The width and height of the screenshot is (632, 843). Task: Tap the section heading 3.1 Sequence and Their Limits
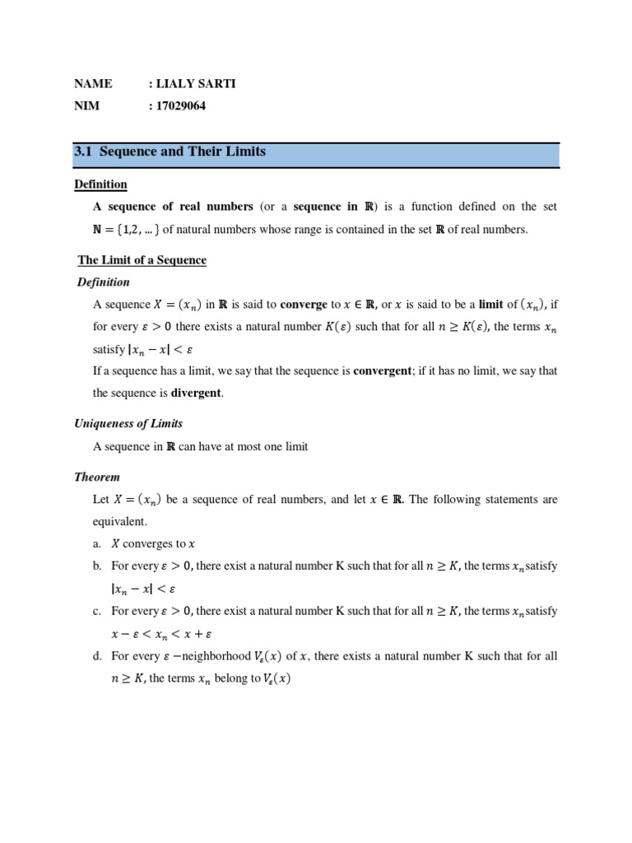pyautogui.click(x=170, y=152)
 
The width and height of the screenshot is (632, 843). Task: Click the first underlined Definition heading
pyautogui.click(x=100, y=184)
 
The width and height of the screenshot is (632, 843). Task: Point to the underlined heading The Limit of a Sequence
pyautogui.click(x=142, y=260)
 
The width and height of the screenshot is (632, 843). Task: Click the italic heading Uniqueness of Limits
pyautogui.click(x=128, y=423)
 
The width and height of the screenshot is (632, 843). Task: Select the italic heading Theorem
pyautogui.click(x=97, y=477)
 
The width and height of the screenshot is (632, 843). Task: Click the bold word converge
pyautogui.click(x=304, y=305)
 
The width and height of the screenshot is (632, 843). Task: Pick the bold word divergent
pyautogui.click(x=196, y=393)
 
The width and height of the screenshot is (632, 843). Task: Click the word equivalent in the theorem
pyautogui.click(x=120, y=521)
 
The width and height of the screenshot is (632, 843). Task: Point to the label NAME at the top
pyautogui.click(x=93, y=84)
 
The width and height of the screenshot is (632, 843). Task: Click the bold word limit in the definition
pyautogui.click(x=490, y=305)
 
